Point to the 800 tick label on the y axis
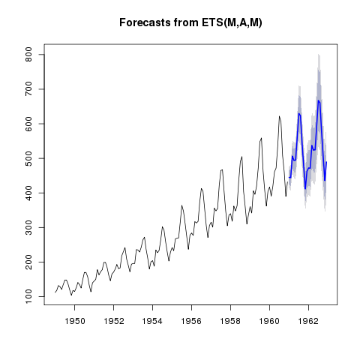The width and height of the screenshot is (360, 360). click(29, 54)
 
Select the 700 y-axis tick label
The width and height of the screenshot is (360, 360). click(29, 89)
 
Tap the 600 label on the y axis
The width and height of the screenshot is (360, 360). click(29, 124)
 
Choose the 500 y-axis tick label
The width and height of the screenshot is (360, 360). click(29, 158)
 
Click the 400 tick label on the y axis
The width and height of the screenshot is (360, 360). click(29, 193)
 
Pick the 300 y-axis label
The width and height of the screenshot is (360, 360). click(29, 227)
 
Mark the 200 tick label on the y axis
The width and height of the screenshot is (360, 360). click(29, 262)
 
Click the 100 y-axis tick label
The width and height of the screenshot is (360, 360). click(29, 296)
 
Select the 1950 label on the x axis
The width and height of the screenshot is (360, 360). click(74, 321)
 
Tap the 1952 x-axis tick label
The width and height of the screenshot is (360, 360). click(113, 321)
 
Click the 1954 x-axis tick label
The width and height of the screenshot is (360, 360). click(152, 321)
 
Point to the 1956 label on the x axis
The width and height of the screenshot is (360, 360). click(191, 321)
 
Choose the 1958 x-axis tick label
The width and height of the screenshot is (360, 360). click(230, 321)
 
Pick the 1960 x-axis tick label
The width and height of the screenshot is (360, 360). click(269, 321)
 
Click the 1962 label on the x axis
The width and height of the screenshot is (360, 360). click(308, 321)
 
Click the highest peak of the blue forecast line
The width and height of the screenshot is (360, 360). click(318, 100)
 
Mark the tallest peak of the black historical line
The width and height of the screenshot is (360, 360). click(279, 116)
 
